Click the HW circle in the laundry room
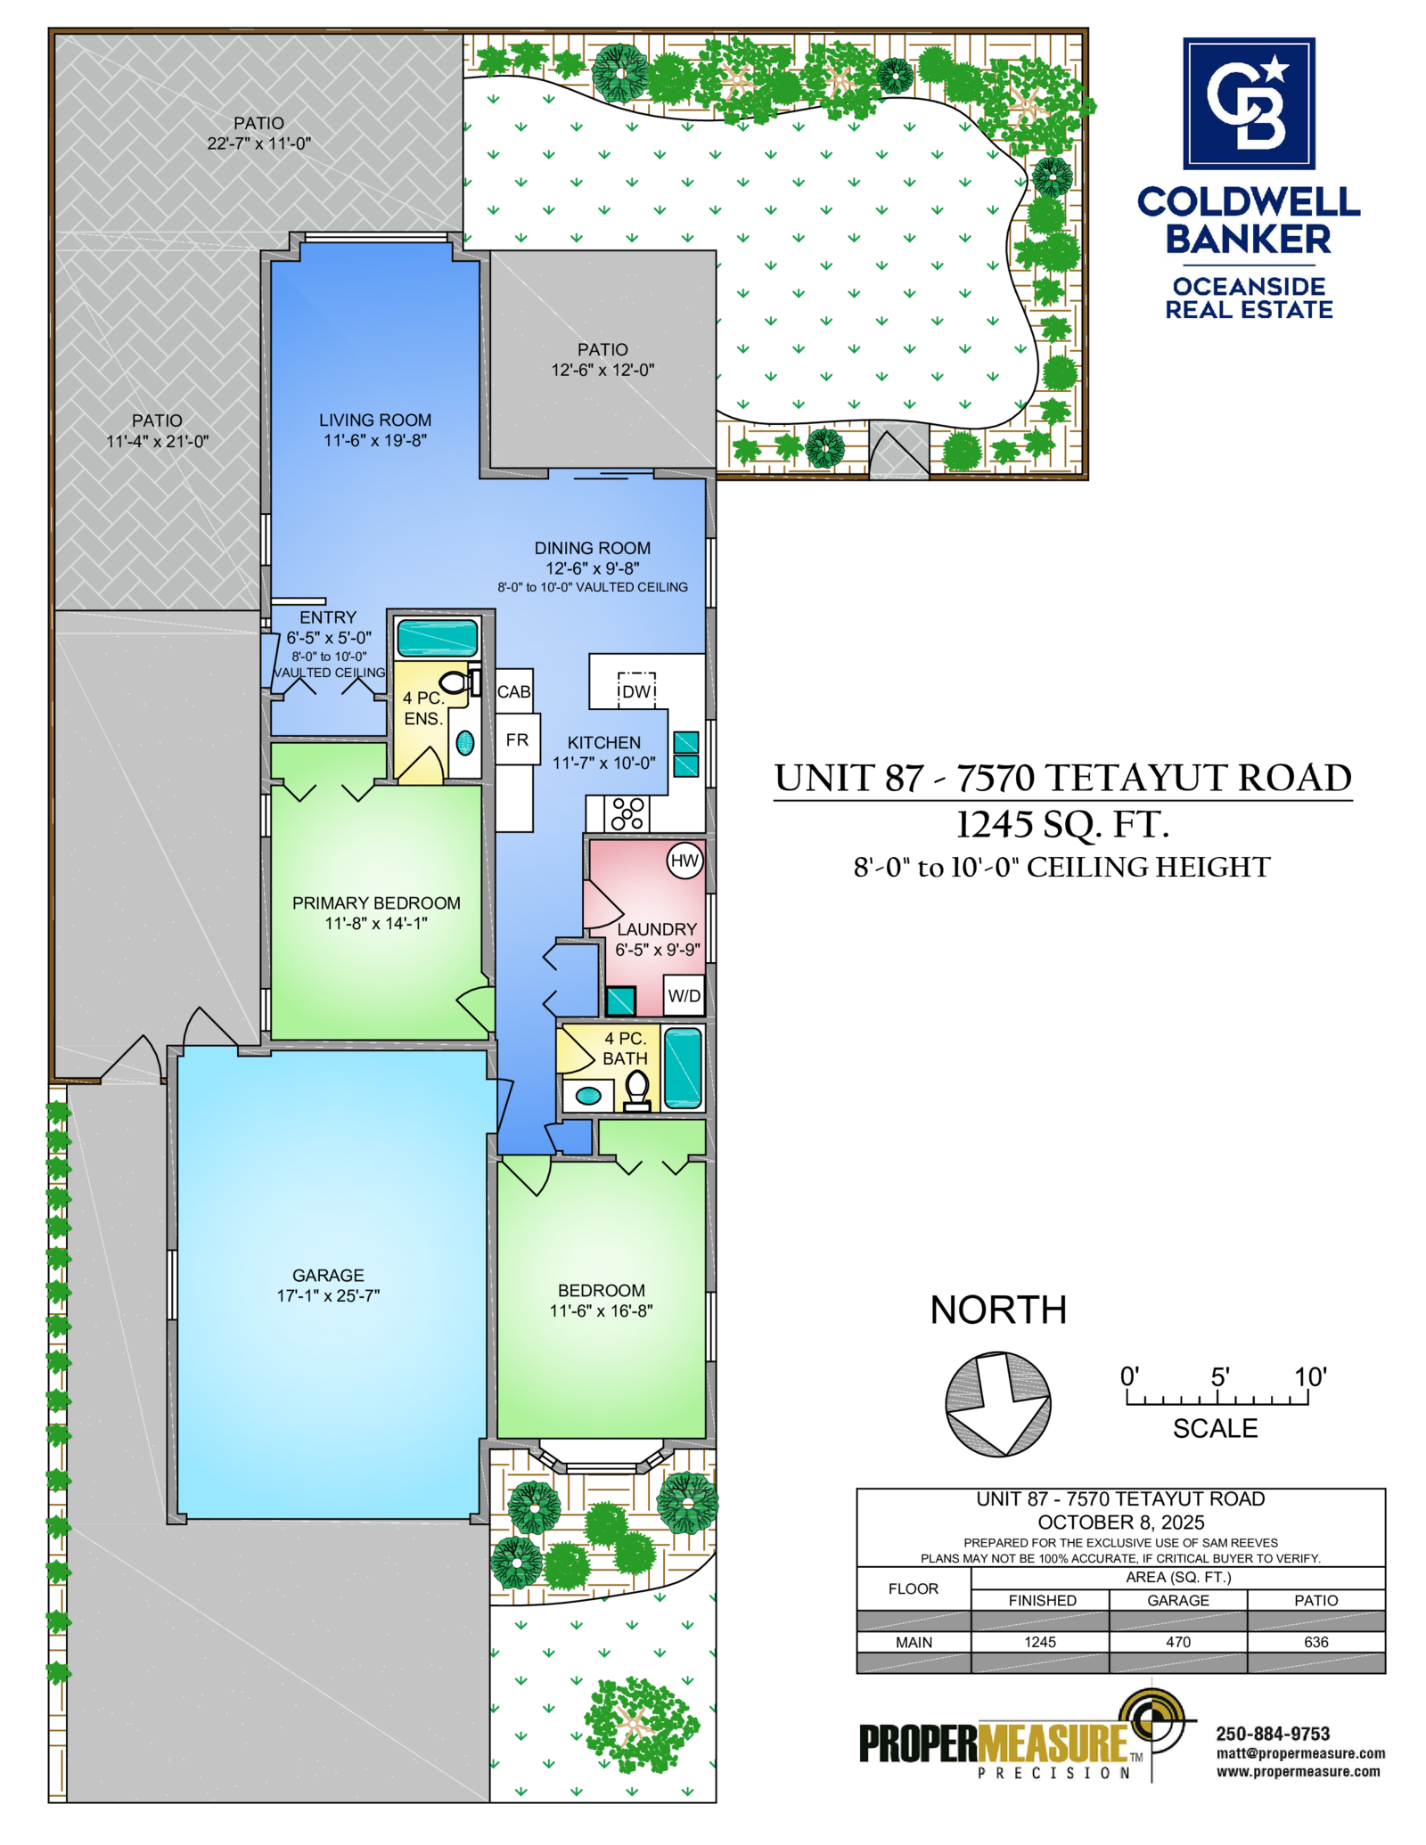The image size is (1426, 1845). [684, 861]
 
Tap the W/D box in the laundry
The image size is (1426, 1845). [684, 995]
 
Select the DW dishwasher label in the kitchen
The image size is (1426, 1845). [636, 691]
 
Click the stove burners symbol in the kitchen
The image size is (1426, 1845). [627, 813]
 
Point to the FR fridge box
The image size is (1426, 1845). [518, 739]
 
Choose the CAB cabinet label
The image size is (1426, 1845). [514, 691]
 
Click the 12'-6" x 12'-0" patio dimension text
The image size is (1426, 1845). [602, 370]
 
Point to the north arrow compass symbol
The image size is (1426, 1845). [998, 1404]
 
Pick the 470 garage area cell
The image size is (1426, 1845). [1178, 1642]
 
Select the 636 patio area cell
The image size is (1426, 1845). [1316, 1642]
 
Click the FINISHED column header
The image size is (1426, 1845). [1042, 1600]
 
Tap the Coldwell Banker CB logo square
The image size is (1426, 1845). [1249, 103]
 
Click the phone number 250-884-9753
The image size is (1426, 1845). [1273, 1734]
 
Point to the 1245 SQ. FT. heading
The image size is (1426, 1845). [1062, 825]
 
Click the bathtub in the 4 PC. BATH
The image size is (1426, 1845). [683, 1068]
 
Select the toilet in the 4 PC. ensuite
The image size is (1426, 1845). [456, 682]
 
